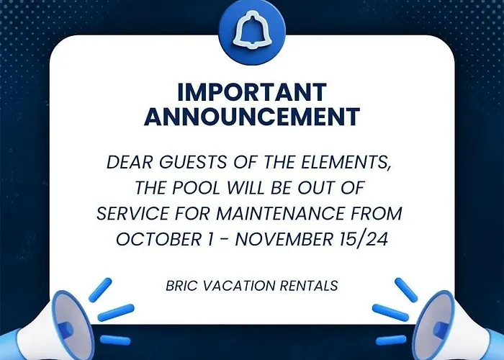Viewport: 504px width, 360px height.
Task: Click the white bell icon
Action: (252, 30)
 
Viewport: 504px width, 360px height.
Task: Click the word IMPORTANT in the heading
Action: (252, 93)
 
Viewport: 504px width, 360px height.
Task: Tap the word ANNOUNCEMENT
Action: (252, 116)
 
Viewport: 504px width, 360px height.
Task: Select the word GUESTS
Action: (193, 162)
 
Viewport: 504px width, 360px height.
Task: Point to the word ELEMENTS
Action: (346, 162)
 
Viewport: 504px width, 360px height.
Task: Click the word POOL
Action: (197, 188)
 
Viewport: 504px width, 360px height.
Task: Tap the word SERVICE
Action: (132, 213)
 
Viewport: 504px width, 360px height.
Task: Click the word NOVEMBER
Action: (284, 239)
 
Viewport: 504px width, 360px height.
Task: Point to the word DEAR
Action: (130, 162)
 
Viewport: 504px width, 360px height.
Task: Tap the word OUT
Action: (316, 188)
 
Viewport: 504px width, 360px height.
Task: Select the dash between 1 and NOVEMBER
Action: (225, 240)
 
